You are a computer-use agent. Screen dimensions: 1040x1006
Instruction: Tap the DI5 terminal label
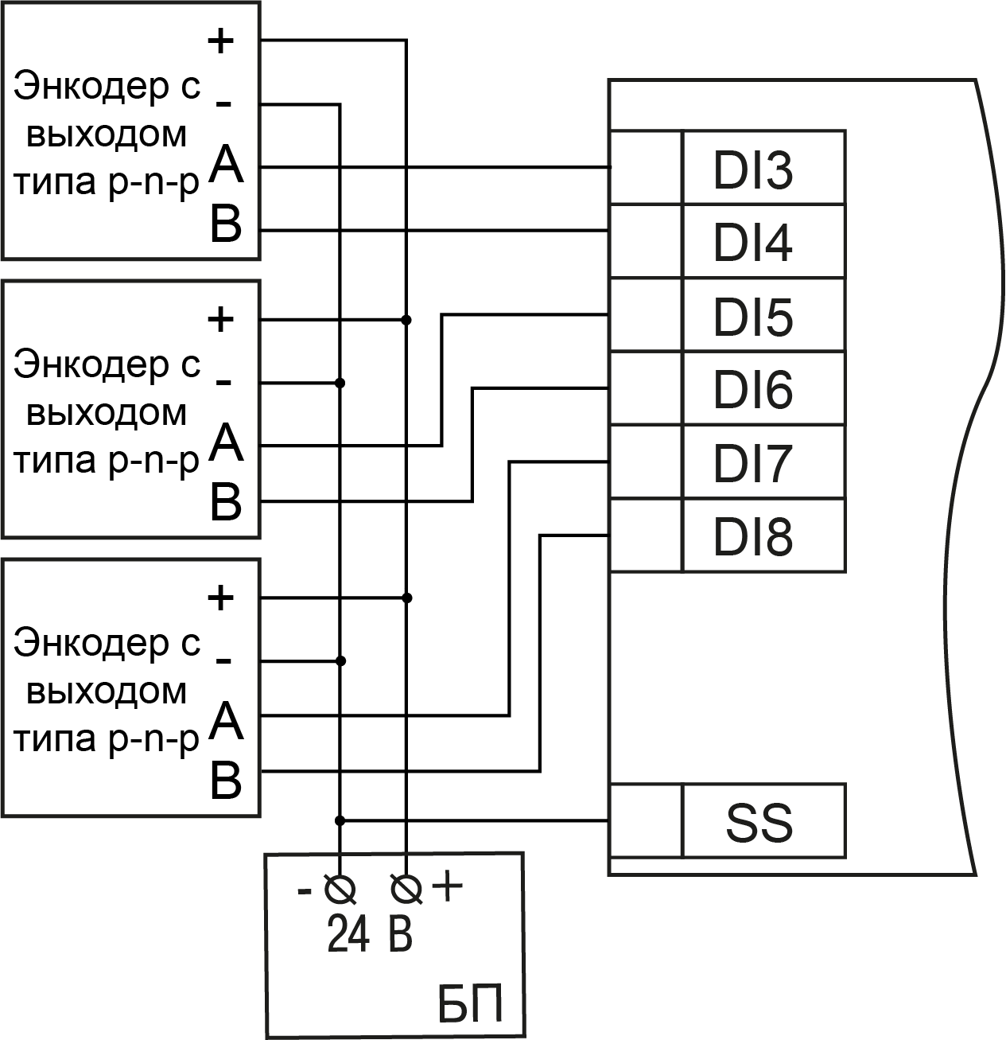pyautogui.click(x=753, y=318)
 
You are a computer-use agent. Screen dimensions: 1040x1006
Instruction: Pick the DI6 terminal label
pyautogui.click(x=753, y=391)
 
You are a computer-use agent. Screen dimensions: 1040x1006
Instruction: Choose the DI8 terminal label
pyautogui.click(x=753, y=537)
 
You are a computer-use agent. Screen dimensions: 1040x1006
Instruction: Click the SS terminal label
pyautogui.click(x=759, y=824)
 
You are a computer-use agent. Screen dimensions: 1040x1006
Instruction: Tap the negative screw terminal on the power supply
pyautogui.click(x=340, y=888)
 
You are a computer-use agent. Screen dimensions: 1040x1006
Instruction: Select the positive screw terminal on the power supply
pyautogui.click(x=407, y=888)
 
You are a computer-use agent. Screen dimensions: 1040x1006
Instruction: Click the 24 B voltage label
pyautogui.click(x=370, y=936)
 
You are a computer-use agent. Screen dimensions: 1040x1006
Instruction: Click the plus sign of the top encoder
pyautogui.click(x=220, y=41)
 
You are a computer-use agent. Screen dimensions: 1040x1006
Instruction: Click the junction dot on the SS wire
pyautogui.click(x=340, y=820)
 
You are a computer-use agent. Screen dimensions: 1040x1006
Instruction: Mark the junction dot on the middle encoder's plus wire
pyautogui.click(x=407, y=320)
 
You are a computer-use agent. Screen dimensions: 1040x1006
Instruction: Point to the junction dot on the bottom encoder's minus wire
pyautogui.click(x=340, y=660)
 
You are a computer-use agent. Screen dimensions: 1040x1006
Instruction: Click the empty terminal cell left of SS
pyautogui.click(x=646, y=820)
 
